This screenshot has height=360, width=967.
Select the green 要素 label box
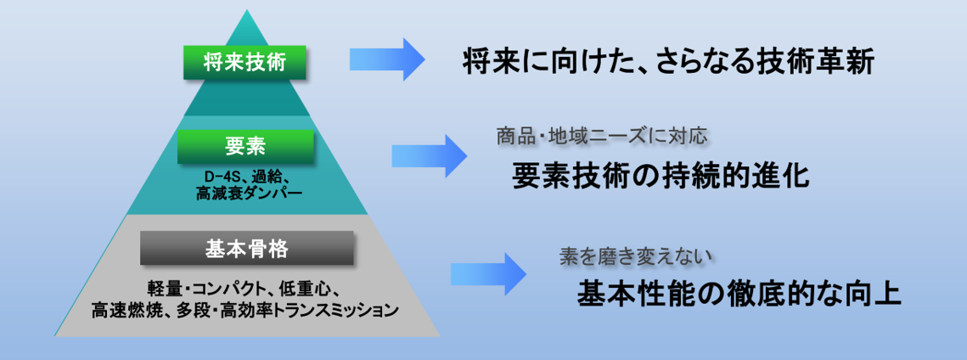(246, 146)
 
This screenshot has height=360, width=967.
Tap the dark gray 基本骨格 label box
(246, 248)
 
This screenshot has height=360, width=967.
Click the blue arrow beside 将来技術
(387, 59)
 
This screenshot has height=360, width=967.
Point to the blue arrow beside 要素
(429, 155)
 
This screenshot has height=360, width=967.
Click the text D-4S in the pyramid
(223, 177)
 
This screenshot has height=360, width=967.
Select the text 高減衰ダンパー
(245, 194)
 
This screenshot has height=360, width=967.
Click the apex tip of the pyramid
(246, 11)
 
